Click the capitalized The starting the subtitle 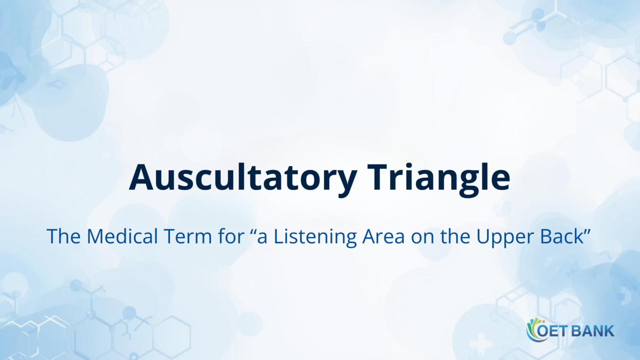(x=64, y=236)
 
